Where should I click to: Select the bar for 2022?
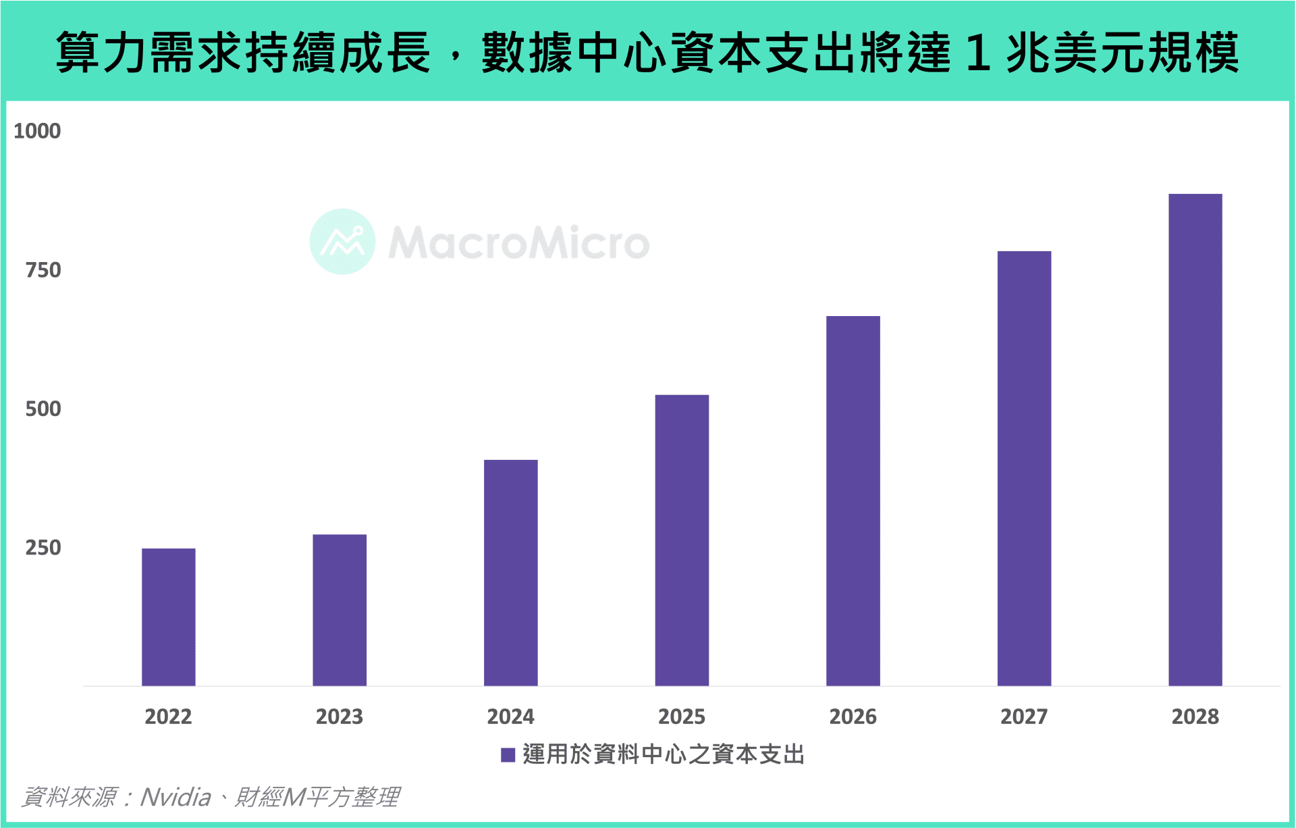pos(168,617)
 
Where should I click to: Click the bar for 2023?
pos(340,610)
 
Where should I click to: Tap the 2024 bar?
pos(511,573)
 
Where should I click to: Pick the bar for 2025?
pos(682,540)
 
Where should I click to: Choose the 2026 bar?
pos(853,500)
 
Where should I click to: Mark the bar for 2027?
pos(1024,468)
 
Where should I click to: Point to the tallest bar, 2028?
pos(1195,440)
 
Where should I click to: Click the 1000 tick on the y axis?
pos(37,131)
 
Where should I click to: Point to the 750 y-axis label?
pos(43,270)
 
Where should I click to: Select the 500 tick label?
pos(43,409)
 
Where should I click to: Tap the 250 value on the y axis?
pos(43,548)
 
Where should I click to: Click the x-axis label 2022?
pos(168,717)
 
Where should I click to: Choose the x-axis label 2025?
pos(682,717)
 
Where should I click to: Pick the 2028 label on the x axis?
pos(1195,717)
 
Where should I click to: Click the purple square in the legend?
pos(508,755)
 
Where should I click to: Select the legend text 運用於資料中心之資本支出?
pos(664,754)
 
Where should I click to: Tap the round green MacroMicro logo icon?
pos(342,242)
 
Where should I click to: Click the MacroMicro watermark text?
pos(518,243)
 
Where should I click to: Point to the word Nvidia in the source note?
pos(175,798)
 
